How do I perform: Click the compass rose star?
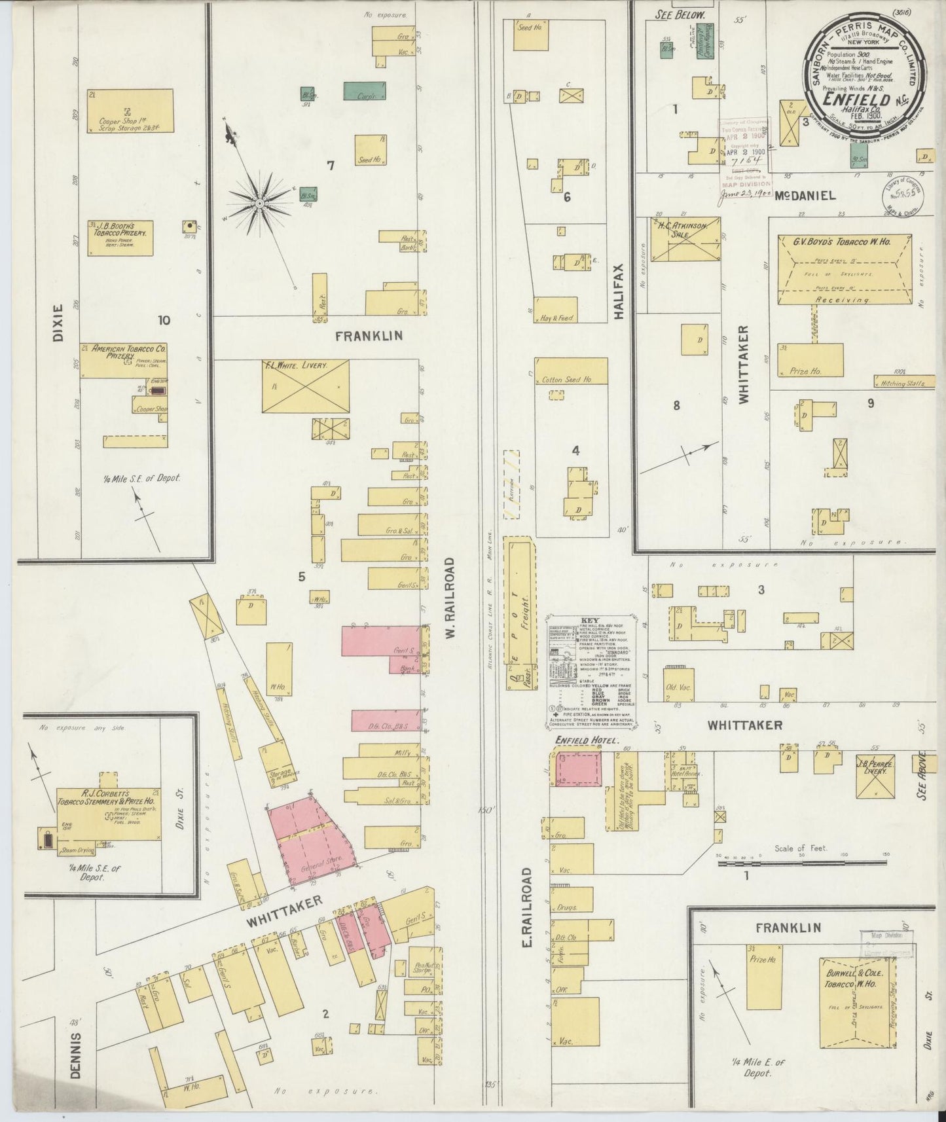[x=260, y=204]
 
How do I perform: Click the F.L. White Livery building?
[x=305, y=386]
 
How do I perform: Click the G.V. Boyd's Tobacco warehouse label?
[x=843, y=242]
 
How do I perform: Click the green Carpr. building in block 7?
[x=365, y=91]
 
